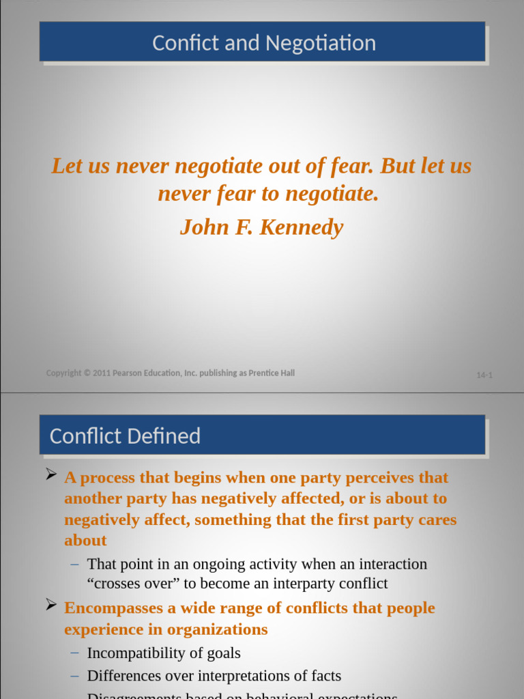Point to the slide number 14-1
coord(484,375)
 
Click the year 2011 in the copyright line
coord(100,373)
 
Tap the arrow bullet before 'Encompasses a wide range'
coord(50,605)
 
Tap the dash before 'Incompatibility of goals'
coord(74,653)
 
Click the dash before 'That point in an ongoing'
coord(74,565)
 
